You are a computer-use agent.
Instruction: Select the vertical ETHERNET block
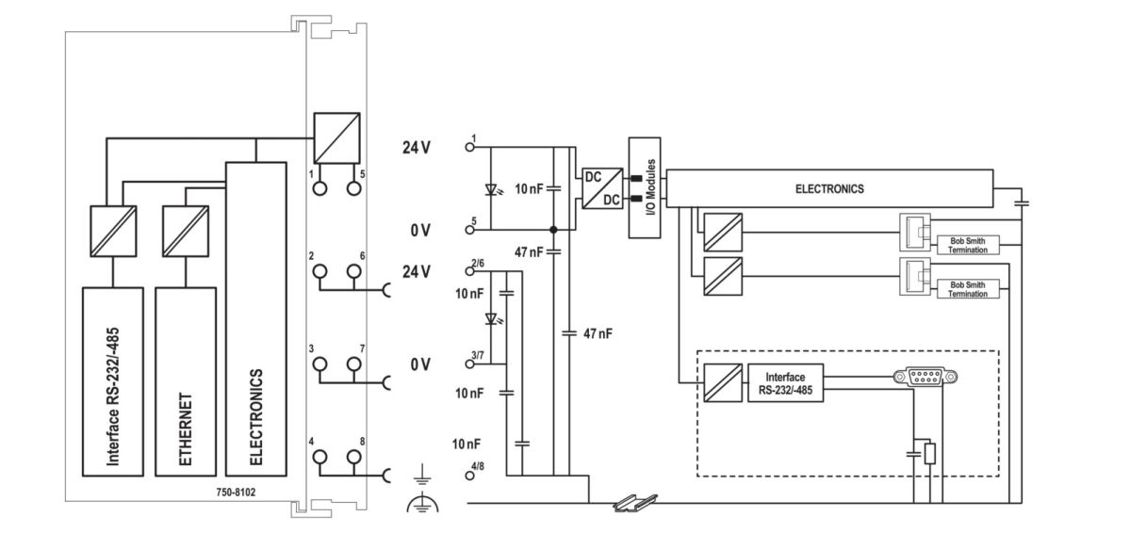point(185,381)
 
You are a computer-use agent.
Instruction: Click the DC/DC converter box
point(600,188)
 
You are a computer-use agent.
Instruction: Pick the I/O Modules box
point(647,188)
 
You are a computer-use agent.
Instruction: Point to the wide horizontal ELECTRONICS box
point(829,188)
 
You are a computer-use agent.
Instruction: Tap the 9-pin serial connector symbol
point(925,378)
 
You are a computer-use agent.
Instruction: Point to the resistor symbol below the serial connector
point(930,455)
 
